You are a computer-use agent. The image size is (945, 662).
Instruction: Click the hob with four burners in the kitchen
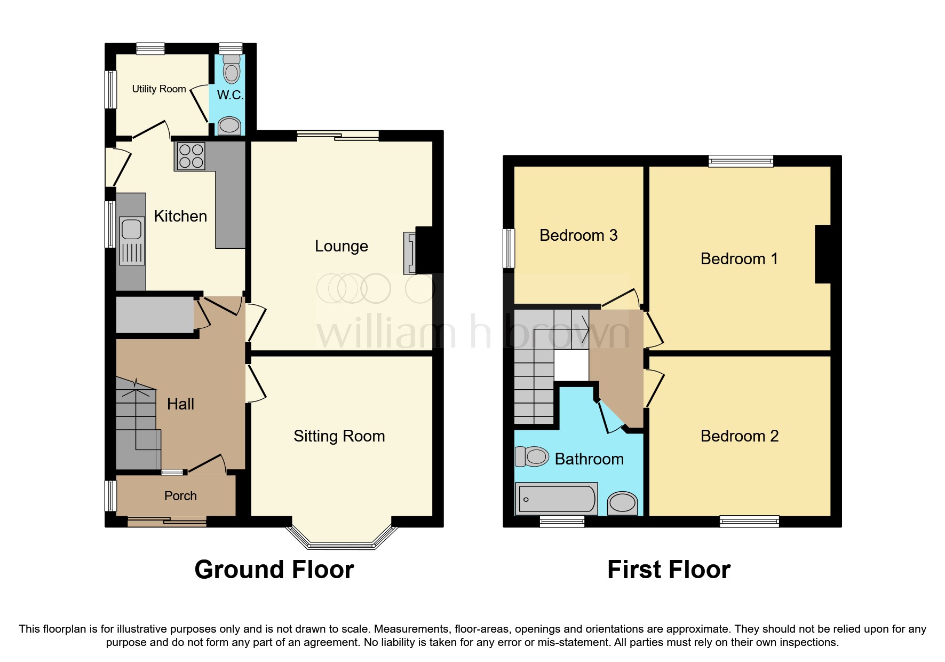pos(191,156)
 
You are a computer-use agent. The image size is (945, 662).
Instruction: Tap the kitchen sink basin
pos(131,230)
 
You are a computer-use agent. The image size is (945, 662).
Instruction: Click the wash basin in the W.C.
pos(229,125)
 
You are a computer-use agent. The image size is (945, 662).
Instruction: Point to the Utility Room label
pos(159,89)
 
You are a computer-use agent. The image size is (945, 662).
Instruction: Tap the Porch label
pos(180,496)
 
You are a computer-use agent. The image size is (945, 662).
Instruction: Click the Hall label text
pos(180,404)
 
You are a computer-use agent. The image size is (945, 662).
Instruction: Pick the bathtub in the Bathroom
pos(557,499)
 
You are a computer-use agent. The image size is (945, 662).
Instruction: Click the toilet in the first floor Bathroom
pos(533,456)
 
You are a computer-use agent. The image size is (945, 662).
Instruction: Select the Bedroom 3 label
pos(578,235)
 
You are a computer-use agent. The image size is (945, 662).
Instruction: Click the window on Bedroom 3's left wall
pos(509,248)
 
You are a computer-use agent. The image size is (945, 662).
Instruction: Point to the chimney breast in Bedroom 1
pos(823,254)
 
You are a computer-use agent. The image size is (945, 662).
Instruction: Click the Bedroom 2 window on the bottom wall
pos(749,521)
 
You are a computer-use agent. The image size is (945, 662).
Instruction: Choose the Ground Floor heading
pos(274,570)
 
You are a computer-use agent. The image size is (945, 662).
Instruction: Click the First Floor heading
pos(669,570)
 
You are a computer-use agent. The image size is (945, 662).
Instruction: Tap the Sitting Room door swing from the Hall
pos(256,383)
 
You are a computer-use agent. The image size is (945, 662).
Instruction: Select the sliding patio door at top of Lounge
pos(338,136)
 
